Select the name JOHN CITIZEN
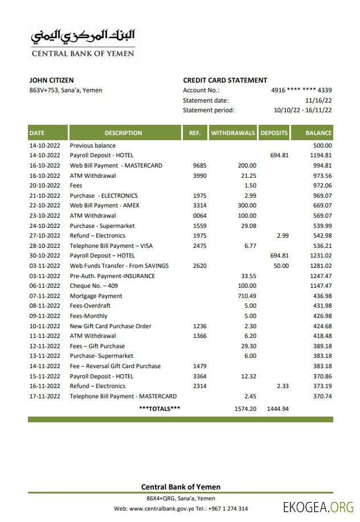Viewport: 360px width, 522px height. pyautogui.click(x=51, y=80)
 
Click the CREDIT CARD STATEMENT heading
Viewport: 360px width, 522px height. pyautogui.click(x=225, y=80)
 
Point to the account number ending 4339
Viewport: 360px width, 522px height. pyautogui.click(x=301, y=90)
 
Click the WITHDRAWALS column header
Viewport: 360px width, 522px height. pyautogui.click(x=233, y=133)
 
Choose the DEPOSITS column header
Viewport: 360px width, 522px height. pyautogui.click(x=275, y=133)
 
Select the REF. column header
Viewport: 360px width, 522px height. pyautogui.click(x=195, y=133)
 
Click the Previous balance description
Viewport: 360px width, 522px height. pyautogui.click(x=92, y=145)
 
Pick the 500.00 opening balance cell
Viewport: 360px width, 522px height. pyautogui.click(x=322, y=145)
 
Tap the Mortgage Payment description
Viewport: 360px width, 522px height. pyautogui.click(x=96, y=296)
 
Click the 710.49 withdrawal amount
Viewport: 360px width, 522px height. pyautogui.click(x=247, y=296)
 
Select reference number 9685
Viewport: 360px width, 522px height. pyautogui.click(x=199, y=165)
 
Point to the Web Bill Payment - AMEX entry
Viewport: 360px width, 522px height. pyautogui.click(x=104, y=205)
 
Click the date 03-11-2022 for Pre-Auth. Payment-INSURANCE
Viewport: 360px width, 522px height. pyautogui.click(x=44, y=276)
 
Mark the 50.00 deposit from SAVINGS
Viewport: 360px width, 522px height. pyautogui.click(x=281, y=266)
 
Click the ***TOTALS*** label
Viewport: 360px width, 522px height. pyautogui.click(x=159, y=409)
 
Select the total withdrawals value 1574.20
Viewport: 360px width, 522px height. pyautogui.click(x=245, y=409)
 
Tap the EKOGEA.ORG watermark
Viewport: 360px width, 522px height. pyautogui.click(x=318, y=507)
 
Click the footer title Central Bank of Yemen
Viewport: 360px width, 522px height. pyautogui.click(x=181, y=487)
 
